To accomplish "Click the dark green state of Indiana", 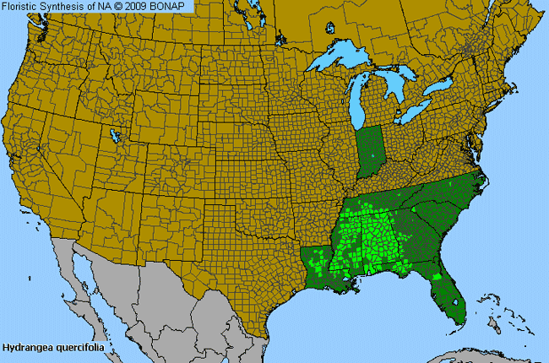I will point(368,151).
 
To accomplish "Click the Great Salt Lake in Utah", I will point(115,134).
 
